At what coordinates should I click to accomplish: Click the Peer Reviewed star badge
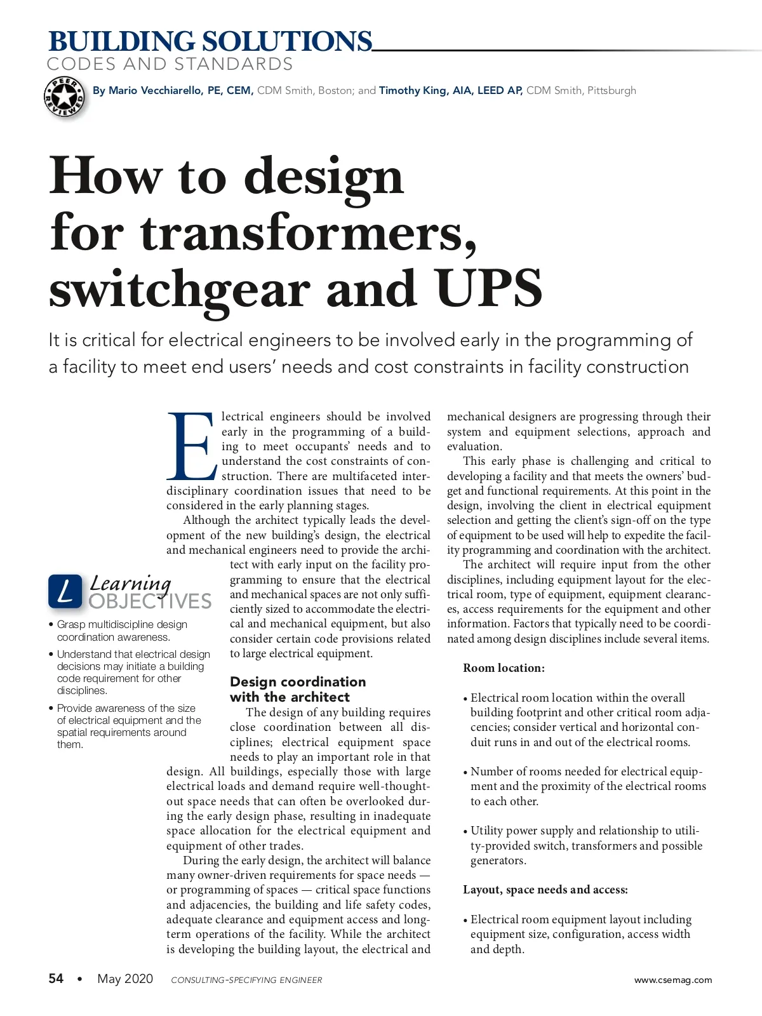tap(64, 97)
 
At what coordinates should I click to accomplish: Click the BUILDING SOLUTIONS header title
tap(210, 42)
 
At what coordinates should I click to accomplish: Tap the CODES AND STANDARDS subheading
tap(170, 64)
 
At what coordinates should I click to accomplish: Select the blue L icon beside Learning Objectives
tap(65, 592)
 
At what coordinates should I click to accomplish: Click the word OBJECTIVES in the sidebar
tap(150, 601)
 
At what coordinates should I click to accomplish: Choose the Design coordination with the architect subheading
tap(298, 690)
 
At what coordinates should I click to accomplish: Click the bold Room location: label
tap(504, 668)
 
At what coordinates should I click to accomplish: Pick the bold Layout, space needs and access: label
tap(545, 890)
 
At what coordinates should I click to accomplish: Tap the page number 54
tap(57, 979)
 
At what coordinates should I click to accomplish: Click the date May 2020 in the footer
tap(125, 979)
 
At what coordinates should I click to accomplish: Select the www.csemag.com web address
tap(673, 980)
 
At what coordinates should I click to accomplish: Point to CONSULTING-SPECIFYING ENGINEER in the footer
tap(246, 980)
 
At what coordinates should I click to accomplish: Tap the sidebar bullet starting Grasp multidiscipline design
tap(122, 631)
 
